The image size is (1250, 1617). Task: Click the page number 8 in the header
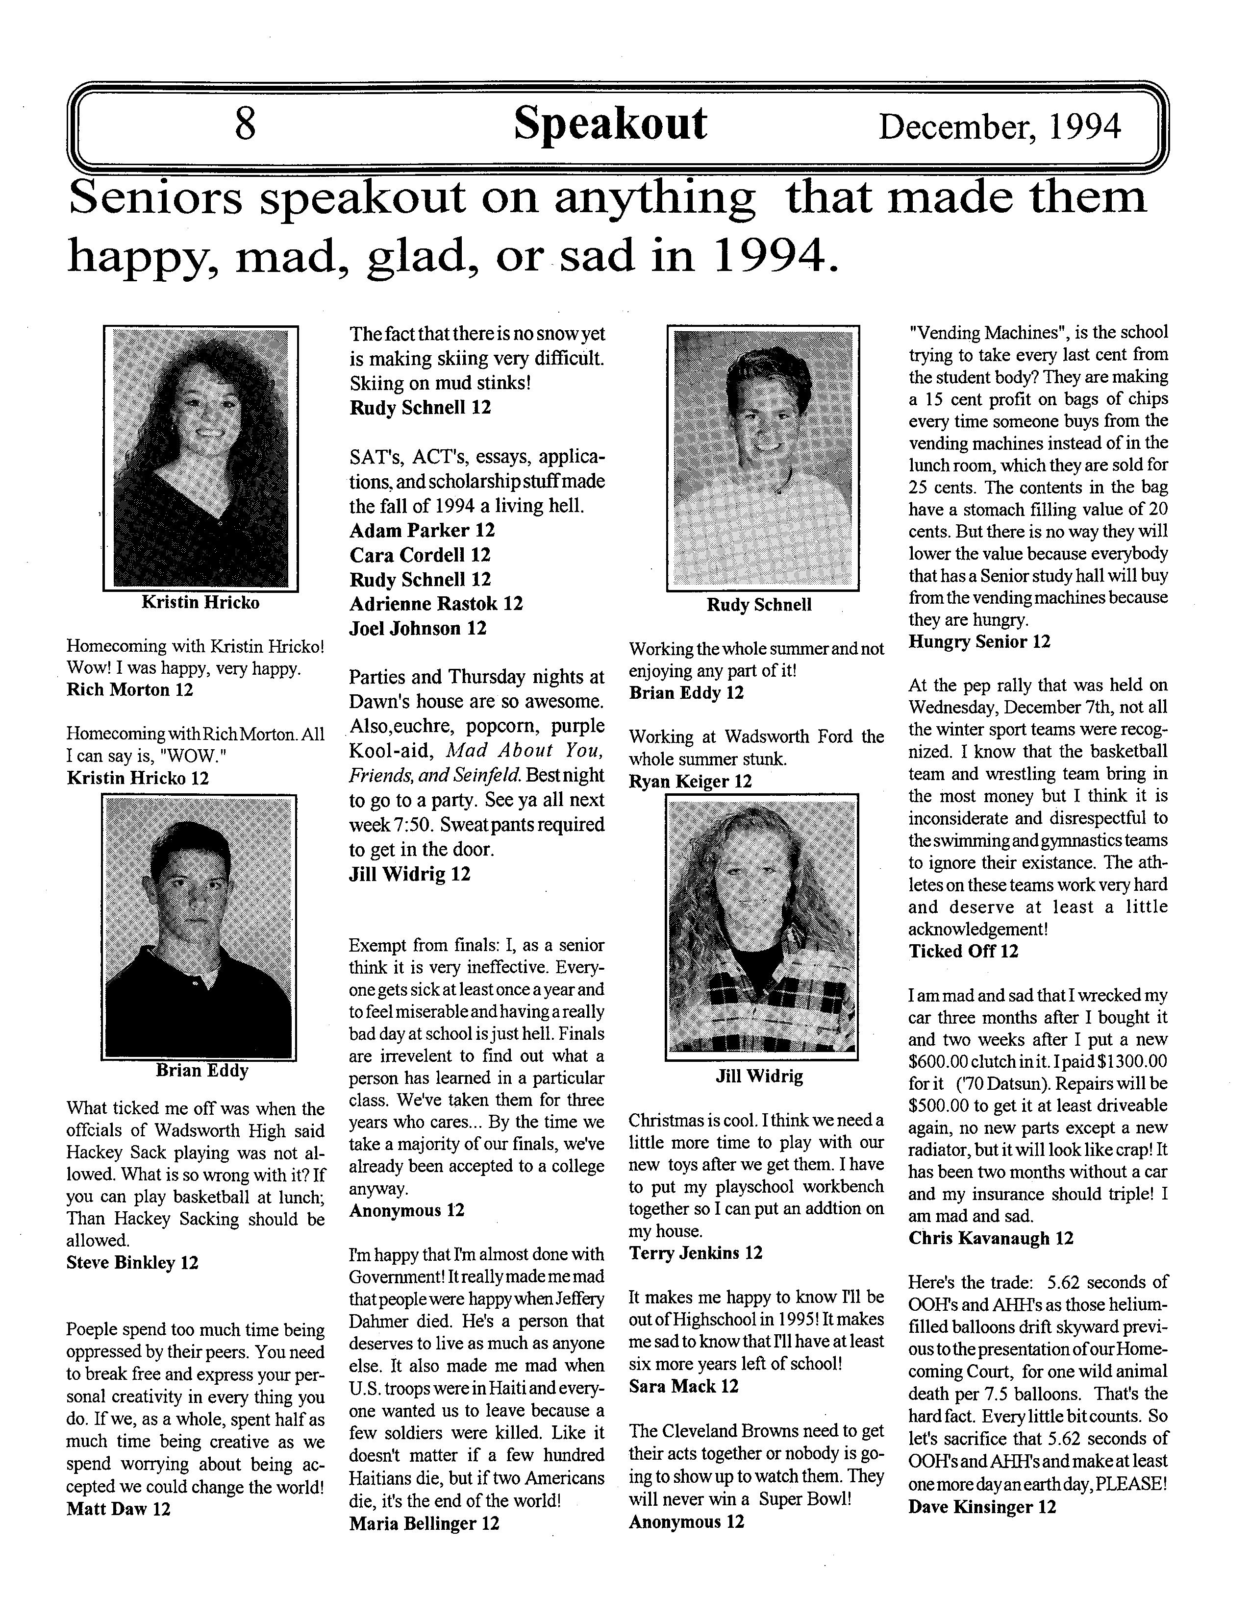[x=245, y=123]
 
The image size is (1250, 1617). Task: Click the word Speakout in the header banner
[x=610, y=123]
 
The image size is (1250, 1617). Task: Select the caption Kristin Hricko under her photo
[x=200, y=603]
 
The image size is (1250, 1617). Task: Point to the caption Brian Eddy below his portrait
[x=202, y=1071]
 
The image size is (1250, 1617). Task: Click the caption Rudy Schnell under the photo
[x=759, y=605]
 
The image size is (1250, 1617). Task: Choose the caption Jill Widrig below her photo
[x=759, y=1077]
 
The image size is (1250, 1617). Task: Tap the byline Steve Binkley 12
[x=132, y=1262]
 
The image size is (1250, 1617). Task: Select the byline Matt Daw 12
[x=119, y=1509]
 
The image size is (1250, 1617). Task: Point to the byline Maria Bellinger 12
[x=425, y=1523]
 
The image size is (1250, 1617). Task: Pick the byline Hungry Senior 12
[x=979, y=642]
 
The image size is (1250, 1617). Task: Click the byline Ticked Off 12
[x=963, y=952]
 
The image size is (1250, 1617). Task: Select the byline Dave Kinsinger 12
[x=982, y=1507]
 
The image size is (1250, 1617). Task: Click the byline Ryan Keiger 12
[x=690, y=781]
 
